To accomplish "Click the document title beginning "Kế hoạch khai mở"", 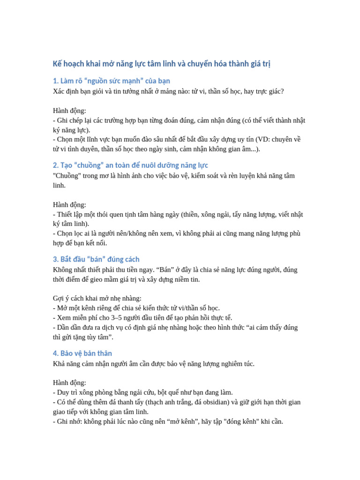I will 161,64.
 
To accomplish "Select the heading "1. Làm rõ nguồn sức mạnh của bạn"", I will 111,81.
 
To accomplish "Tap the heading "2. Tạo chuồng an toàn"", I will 130,165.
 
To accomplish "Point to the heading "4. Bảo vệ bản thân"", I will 82,353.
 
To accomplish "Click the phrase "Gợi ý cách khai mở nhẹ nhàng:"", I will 97,298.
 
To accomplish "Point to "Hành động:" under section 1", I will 69,111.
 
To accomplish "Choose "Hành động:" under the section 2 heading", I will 69,204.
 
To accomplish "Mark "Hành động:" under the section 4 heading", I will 69,382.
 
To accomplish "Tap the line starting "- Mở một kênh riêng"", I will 136,308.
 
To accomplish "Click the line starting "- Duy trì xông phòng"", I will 142,392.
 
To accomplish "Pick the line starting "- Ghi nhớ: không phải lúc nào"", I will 168,421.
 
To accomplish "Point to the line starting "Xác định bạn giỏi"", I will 168,91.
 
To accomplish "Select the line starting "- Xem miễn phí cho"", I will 142,317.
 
